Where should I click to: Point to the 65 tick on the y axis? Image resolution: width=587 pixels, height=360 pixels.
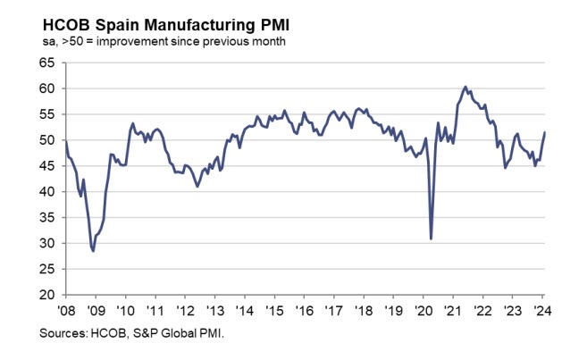46,63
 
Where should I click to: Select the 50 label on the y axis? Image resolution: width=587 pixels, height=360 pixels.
46,140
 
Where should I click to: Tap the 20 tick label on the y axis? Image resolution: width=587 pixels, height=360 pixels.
46,295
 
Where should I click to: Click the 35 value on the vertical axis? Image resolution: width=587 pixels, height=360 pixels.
46,218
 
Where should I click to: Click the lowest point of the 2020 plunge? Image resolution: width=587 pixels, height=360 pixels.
432,239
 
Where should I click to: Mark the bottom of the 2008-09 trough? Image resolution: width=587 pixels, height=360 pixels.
93,252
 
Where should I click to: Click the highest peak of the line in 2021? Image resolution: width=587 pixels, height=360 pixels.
465,87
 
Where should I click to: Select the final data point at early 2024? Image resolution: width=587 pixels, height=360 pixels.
546,133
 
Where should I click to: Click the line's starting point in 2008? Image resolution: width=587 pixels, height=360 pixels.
66,141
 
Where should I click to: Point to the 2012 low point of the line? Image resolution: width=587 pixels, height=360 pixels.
197,186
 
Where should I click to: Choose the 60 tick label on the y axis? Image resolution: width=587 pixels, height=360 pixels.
46,89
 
